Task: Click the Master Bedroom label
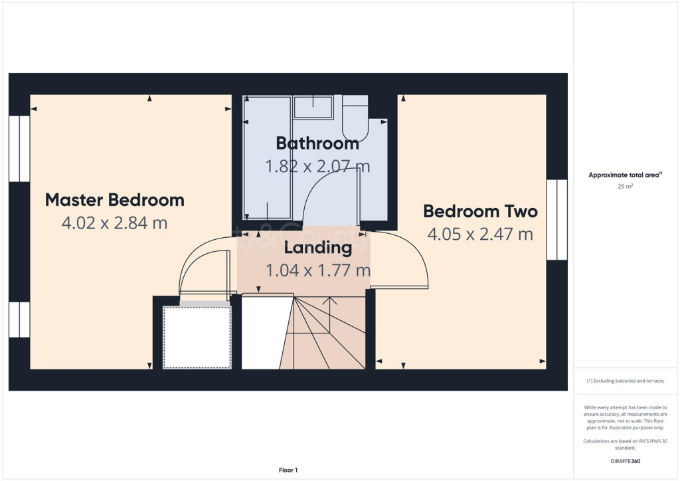tap(114, 199)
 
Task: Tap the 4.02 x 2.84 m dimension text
tap(114, 223)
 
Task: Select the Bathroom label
tap(317, 143)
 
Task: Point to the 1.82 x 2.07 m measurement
tap(317, 166)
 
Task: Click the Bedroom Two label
tap(480, 211)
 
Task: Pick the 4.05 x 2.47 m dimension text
tap(480, 235)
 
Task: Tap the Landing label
tap(317, 248)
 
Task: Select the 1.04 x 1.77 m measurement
tap(317, 271)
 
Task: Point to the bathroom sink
tap(313, 106)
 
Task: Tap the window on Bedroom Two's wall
tap(556, 219)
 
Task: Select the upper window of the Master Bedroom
tap(19, 149)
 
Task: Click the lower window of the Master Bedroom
tap(19, 320)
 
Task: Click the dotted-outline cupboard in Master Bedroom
tap(197, 337)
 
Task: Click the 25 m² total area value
tap(625, 187)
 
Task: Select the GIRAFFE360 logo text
tap(625, 461)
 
